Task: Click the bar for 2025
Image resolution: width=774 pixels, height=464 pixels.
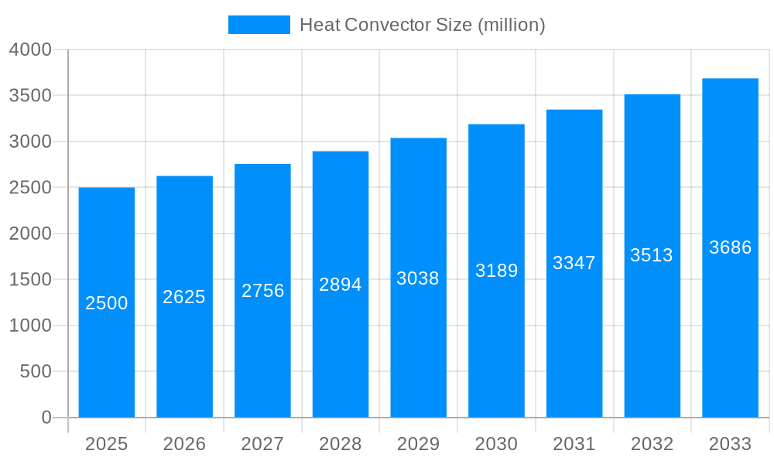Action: (107, 348)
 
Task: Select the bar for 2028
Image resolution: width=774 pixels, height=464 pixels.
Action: (341, 348)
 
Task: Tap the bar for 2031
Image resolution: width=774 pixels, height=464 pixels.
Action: (574, 348)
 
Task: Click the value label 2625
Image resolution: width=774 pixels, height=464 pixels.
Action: (184, 297)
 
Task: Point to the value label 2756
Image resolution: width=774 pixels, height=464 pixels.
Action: (263, 291)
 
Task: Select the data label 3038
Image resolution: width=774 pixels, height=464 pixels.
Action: (418, 278)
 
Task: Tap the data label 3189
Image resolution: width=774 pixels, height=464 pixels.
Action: (496, 271)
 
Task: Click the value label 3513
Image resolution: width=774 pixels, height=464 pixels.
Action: (652, 255)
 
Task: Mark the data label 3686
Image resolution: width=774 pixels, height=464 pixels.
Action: (730, 247)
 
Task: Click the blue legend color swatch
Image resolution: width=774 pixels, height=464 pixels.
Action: (259, 25)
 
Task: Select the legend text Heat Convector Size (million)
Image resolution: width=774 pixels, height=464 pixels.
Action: (423, 25)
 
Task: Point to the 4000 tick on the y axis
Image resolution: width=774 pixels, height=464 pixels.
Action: (30, 49)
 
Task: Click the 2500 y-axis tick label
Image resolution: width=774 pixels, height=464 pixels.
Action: (30, 188)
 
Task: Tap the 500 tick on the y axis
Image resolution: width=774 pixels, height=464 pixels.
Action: (36, 372)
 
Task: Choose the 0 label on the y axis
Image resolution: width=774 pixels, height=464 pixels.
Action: (46, 418)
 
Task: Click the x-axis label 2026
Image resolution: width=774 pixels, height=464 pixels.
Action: (184, 444)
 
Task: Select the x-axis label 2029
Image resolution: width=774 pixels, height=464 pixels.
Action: (418, 444)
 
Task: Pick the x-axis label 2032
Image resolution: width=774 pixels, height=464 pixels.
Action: (652, 444)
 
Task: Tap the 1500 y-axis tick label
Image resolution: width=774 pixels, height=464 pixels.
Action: (30, 280)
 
